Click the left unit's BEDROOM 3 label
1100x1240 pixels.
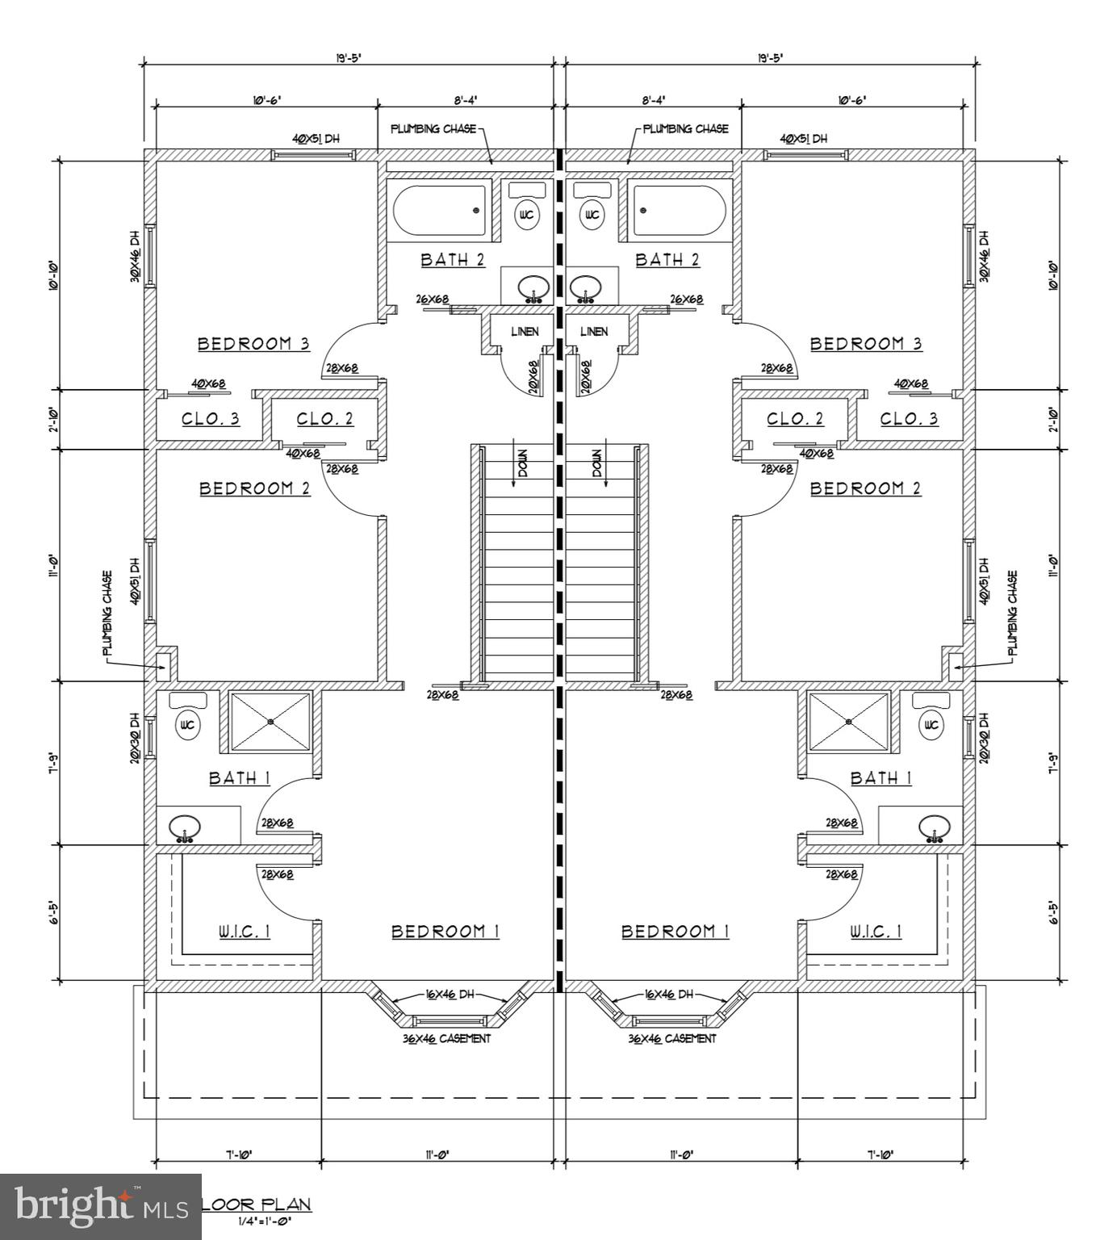[x=253, y=344]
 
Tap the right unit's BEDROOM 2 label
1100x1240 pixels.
[x=865, y=488]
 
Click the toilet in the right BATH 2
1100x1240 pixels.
[x=592, y=215]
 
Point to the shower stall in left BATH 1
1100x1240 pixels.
[x=270, y=721]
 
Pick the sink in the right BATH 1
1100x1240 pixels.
[x=935, y=827]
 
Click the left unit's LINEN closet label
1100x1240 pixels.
[x=525, y=332]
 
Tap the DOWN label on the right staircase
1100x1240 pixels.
[x=597, y=463]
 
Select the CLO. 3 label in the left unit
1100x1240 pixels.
[x=210, y=419]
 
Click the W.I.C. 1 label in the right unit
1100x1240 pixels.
[x=876, y=932]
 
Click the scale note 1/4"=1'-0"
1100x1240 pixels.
[x=264, y=1221]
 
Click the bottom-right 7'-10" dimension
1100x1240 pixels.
[x=880, y=1154]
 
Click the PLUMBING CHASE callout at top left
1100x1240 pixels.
[x=433, y=129]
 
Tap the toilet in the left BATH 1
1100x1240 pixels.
[x=187, y=725]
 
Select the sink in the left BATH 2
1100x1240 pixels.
[x=533, y=287]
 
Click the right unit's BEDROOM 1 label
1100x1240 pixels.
[x=675, y=932]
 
